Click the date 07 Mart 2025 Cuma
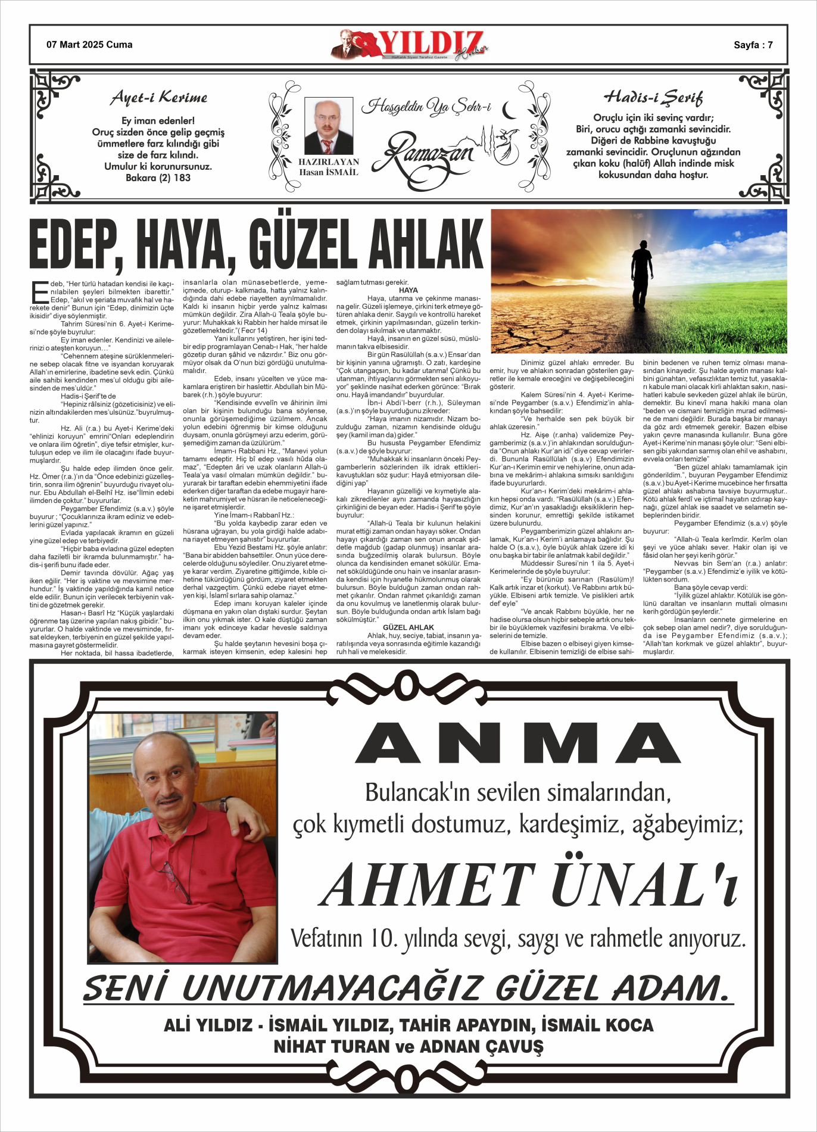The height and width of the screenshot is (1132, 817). pos(89,45)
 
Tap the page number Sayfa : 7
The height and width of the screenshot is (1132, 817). pos(753,45)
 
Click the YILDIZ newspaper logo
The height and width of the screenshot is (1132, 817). pos(411,45)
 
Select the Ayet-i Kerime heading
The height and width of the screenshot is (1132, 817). pos(159,98)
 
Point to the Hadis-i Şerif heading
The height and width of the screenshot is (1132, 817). pos(653,97)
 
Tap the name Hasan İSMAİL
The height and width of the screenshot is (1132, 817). pos(328,172)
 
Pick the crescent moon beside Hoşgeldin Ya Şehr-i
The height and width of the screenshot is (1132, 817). pos(510,110)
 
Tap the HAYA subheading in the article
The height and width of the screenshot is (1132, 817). pos(408,290)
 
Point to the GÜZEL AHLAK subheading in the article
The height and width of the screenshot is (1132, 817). pos(408,627)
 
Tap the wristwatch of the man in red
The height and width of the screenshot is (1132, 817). pos(224,805)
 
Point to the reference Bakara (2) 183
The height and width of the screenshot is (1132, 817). pos(158,178)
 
